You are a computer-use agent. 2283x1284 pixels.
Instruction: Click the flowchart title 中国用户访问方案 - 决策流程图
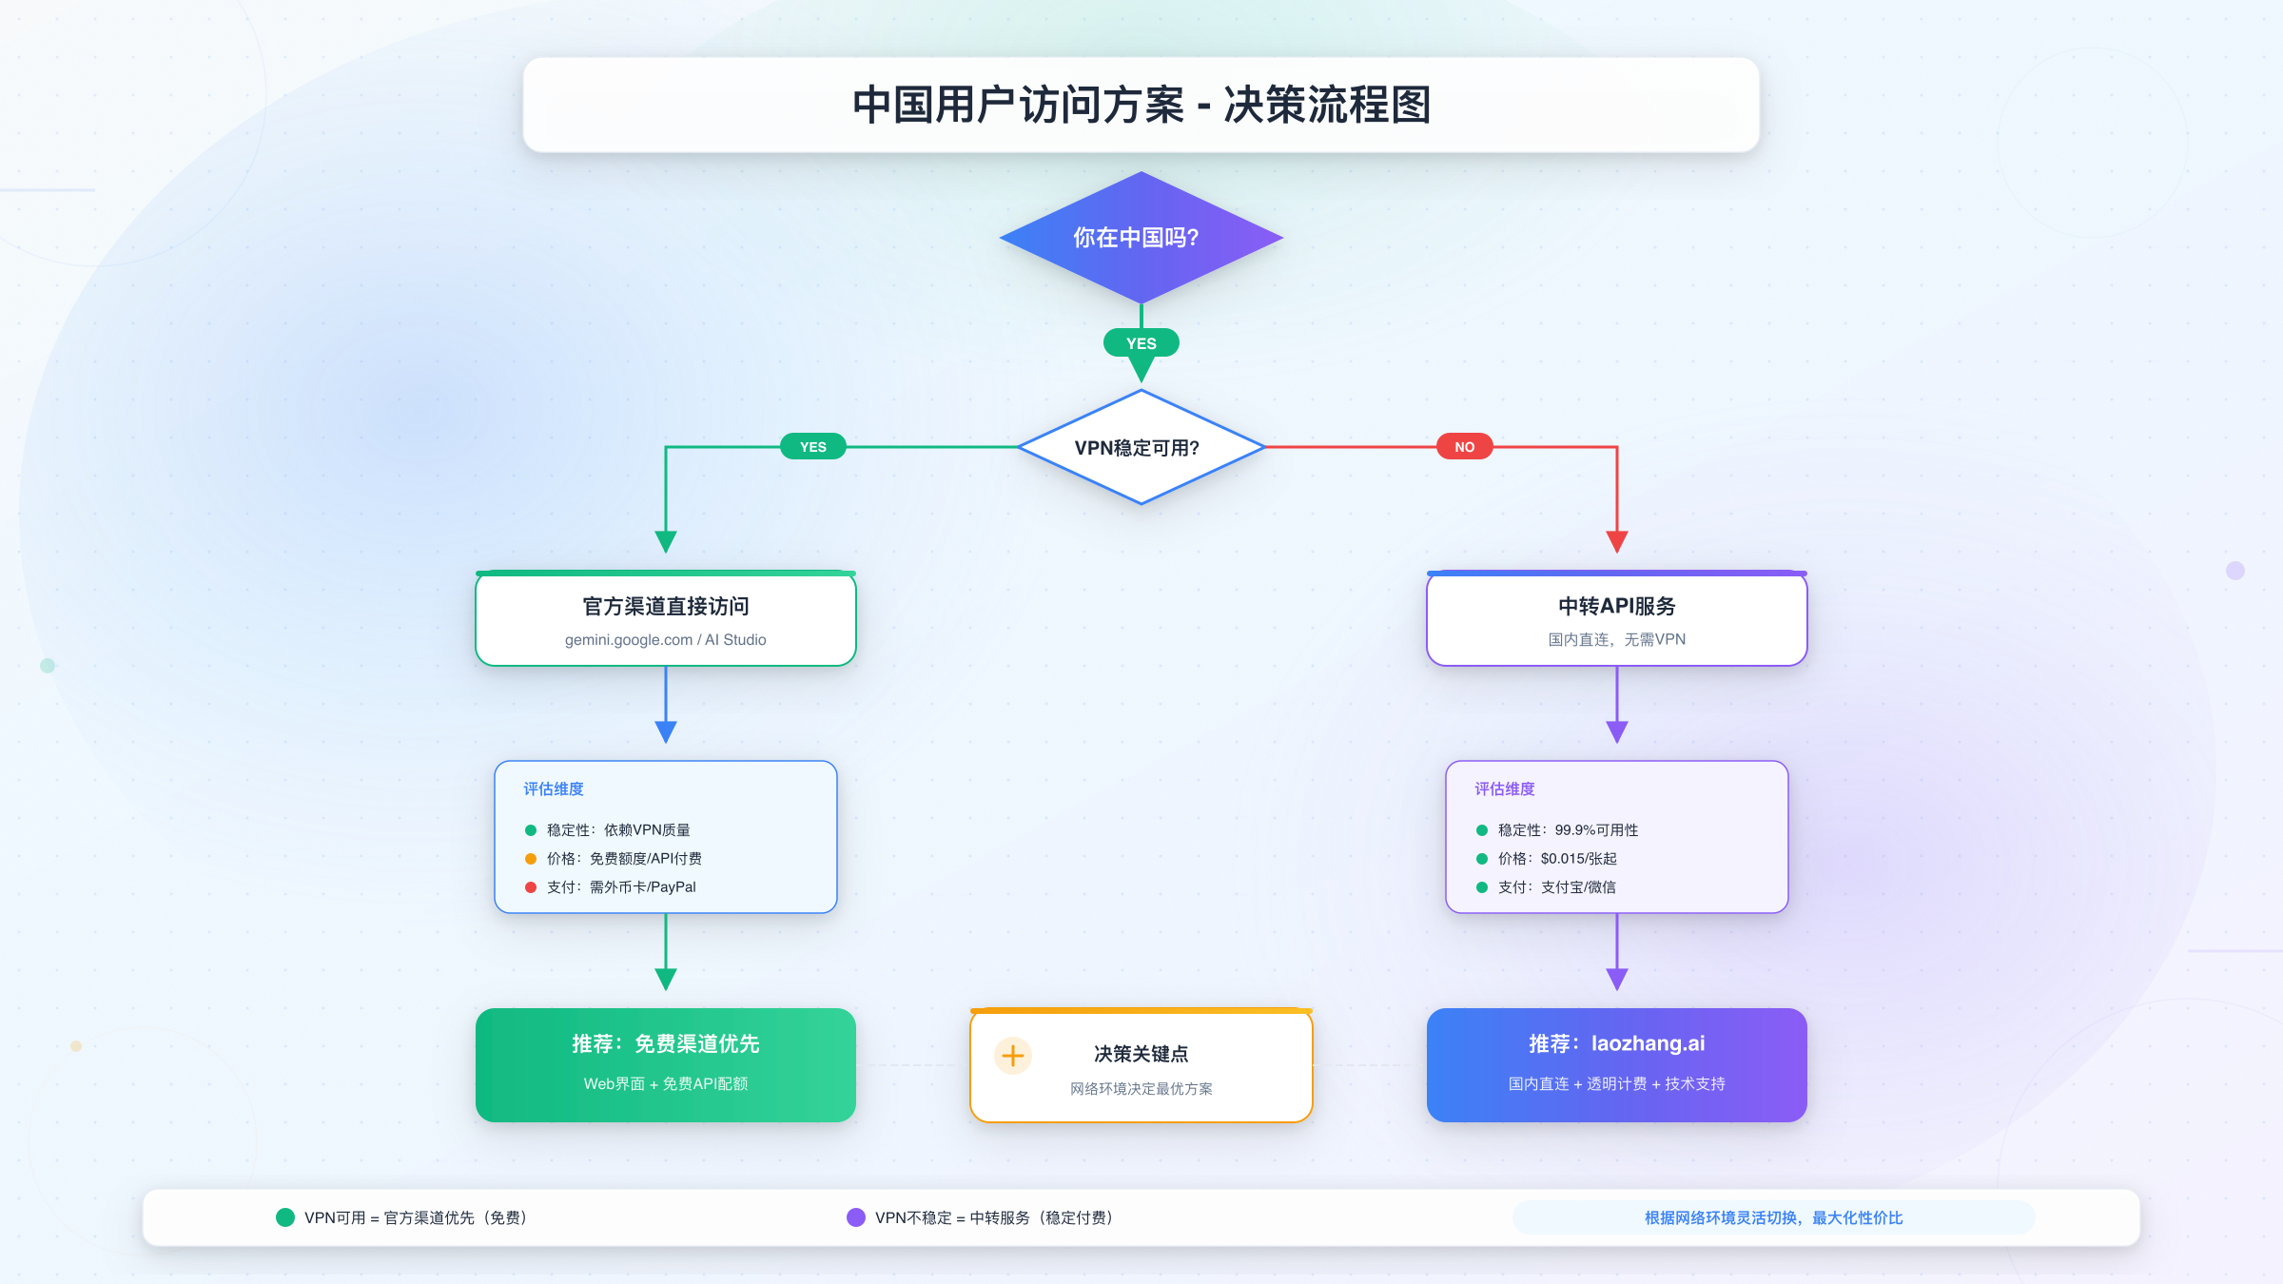1141,105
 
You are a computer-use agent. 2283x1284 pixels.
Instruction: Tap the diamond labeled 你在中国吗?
1141,238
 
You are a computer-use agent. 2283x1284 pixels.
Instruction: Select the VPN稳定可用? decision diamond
1141,447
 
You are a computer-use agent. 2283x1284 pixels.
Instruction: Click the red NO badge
1464,447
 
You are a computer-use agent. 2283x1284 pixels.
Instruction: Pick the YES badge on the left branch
812,447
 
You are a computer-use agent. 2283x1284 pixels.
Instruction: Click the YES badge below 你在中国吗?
1141,343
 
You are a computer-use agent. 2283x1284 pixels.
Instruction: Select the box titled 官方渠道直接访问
666,618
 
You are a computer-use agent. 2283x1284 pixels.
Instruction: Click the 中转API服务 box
1616,618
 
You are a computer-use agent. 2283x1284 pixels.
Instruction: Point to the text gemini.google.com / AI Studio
665,640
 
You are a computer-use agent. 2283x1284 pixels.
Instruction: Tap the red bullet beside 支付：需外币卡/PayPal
531,887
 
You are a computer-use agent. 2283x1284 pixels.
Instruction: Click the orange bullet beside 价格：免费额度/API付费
531,859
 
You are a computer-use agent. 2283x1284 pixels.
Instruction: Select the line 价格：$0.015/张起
1557,859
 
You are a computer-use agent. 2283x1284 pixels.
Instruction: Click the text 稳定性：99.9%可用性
1568,830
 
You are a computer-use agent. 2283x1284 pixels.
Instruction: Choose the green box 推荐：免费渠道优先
666,1064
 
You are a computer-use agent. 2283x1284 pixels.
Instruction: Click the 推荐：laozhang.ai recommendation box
1616,1064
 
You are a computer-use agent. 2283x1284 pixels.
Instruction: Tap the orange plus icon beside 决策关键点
1013,1056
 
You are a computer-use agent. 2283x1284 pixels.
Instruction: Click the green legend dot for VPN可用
285,1217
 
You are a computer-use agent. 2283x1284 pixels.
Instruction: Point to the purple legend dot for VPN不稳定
856,1217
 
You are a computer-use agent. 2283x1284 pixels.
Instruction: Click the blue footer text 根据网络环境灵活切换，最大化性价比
1773,1217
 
